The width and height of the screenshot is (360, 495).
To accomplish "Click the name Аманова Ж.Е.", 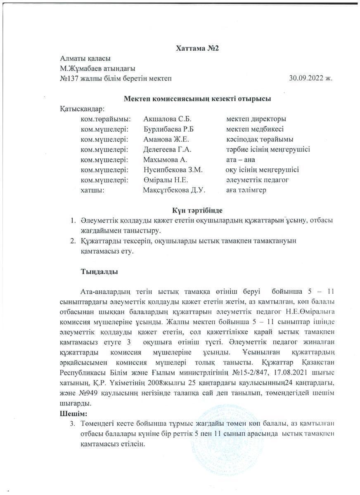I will coord(167,139).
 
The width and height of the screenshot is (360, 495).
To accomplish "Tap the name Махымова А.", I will coord(166,160).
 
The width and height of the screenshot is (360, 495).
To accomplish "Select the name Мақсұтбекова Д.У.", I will coord(174,190).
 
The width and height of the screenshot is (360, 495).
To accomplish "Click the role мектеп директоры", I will coord(256,119).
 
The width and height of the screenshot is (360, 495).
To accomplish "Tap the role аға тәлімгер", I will coord(246,190).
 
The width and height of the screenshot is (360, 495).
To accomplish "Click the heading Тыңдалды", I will coord(99,272).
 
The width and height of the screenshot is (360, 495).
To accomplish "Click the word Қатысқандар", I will coord(82,109).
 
